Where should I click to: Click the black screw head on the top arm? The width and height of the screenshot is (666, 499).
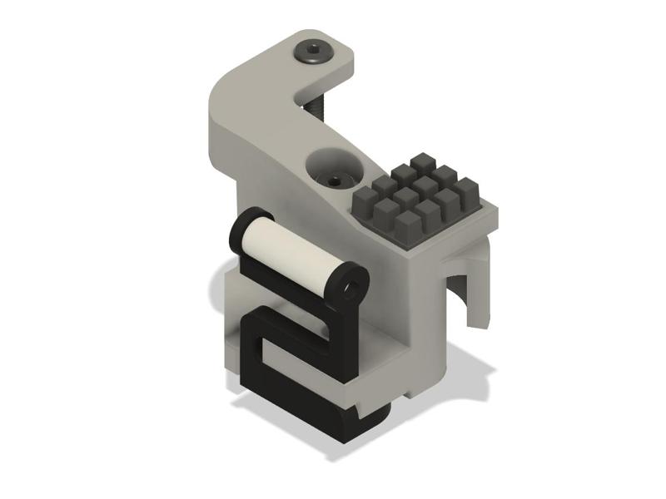[x=315, y=53]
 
